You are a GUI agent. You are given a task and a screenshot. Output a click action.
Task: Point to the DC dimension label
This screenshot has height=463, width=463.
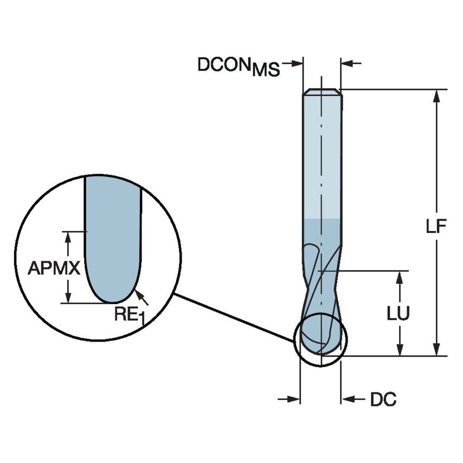click(383, 400)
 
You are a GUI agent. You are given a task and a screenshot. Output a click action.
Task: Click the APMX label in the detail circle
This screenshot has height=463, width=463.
click(54, 268)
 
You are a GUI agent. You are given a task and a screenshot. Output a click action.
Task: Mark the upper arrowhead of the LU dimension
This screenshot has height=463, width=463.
click(400, 276)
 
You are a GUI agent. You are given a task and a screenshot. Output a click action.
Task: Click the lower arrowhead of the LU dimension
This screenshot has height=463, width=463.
click(400, 350)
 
